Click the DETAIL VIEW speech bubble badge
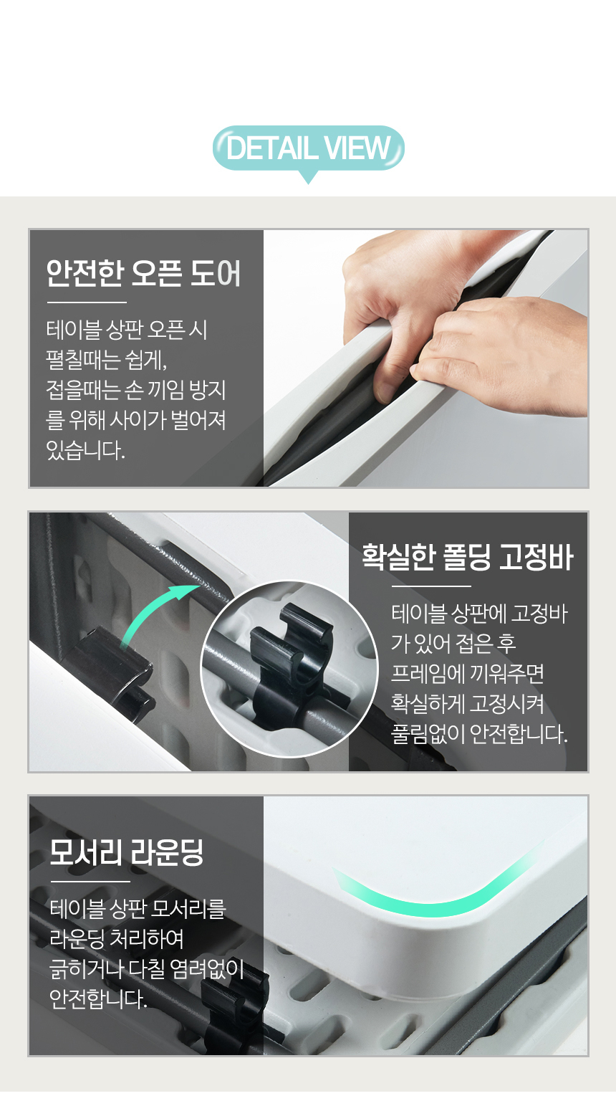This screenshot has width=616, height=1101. [309, 149]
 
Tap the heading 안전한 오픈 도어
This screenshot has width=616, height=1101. [143, 273]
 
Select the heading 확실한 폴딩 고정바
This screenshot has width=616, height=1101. [467, 557]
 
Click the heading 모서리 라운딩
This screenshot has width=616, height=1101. [126, 852]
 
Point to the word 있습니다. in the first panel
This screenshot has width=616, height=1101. [85, 449]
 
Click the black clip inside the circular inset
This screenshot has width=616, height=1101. [290, 664]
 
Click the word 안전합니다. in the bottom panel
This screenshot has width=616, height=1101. [98, 999]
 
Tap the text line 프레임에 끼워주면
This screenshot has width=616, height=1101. [468, 673]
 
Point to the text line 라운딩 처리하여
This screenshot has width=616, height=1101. [117, 939]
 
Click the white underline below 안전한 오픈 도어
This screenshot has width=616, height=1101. [87, 302]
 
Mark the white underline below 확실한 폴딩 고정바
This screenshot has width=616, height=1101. [431, 586]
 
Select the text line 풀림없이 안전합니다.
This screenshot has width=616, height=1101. [479, 734]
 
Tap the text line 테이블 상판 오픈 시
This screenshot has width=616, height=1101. [127, 329]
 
